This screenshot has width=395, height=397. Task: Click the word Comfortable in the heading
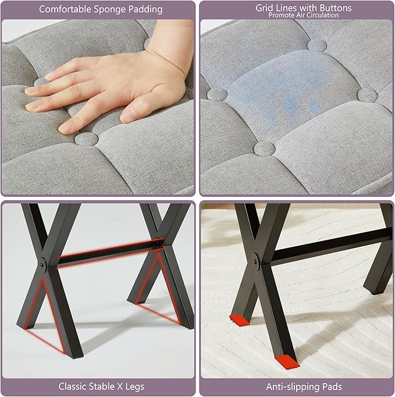point(65,9)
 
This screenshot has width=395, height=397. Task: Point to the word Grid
point(264,8)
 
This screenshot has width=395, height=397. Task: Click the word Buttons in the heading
point(334,8)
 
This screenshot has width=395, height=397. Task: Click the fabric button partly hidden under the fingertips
point(41,82)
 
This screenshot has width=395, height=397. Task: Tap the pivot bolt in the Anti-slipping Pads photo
point(255,262)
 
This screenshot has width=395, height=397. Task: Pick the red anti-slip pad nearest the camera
point(287,361)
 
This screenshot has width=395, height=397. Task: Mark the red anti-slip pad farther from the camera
point(239,321)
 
